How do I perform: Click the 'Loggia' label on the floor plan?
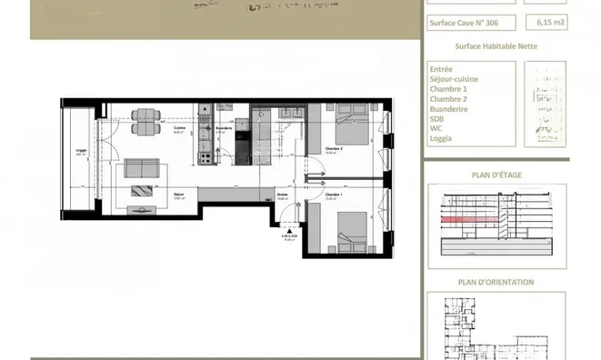click(x=80, y=152)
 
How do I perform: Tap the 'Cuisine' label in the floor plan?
click(x=180, y=129)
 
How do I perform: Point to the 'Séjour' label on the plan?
click(x=179, y=194)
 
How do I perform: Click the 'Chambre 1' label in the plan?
click(x=334, y=194)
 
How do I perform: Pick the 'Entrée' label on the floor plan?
click(x=283, y=194)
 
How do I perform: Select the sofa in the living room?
click(x=143, y=168)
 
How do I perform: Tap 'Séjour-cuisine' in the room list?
click(x=454, y=79)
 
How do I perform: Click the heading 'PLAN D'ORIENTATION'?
click(x=495, y=282)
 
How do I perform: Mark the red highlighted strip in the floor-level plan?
click(x=465, y=219)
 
